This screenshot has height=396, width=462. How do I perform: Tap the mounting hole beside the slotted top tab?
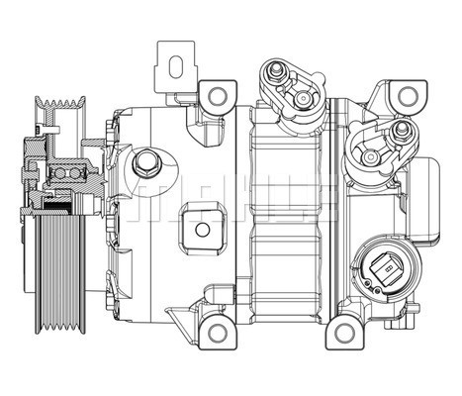(215, 95)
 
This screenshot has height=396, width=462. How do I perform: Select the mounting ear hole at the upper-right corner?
(404, 95)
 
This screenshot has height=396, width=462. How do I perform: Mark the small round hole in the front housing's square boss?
(203, 230)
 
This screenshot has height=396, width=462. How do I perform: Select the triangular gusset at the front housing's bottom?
(178, 316)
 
